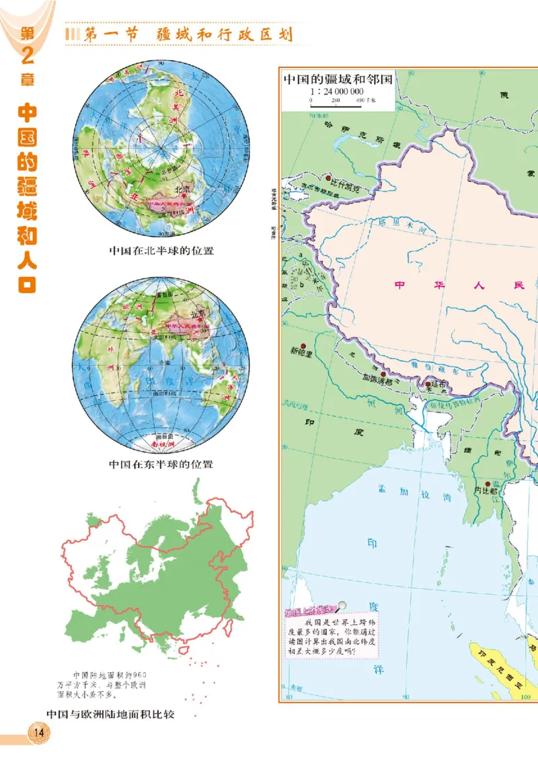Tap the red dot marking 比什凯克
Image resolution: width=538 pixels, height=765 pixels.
tap(329, 179)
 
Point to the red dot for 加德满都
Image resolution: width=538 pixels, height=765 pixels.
tap(383, 374)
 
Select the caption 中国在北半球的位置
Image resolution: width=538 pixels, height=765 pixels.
tap(161, 251)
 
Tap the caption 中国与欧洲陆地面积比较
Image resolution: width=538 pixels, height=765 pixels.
tap(110, 714)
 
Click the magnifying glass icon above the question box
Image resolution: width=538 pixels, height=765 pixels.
tap(343, 606)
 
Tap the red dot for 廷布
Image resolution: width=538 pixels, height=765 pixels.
tap(428, 385)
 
